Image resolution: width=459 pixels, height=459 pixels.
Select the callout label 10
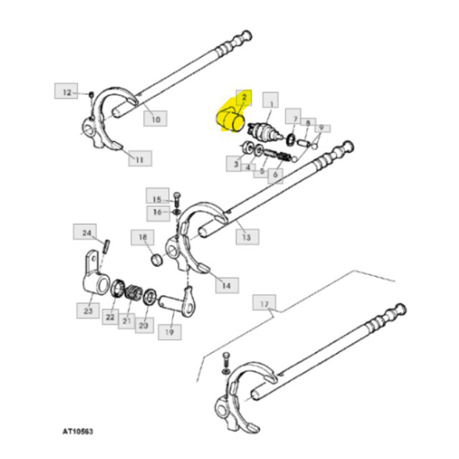pyautogui.click(x=155, y=119)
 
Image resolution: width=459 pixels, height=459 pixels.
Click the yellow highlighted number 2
pyautogui.click(x=243, y=98)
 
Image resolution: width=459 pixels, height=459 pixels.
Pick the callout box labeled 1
pyautogui.click(x=270, y=100)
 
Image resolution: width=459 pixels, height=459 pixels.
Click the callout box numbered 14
pyautogui.click(x=226, y=285)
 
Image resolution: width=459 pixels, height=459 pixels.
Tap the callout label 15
pyautogui.click(x=157, y=199)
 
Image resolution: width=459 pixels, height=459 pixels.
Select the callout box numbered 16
pyautogui.click(x=157, y=212)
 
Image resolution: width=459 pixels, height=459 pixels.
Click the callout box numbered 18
pyautogui.click(x=142, y=237)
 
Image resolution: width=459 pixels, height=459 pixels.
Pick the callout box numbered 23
pyautogui.click(x=88, y=311)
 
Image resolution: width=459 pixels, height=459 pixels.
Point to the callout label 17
pyautogui.click(x=264, y=304)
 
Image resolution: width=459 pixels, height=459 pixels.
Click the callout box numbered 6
pyautogui.click(x=274, y=176)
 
